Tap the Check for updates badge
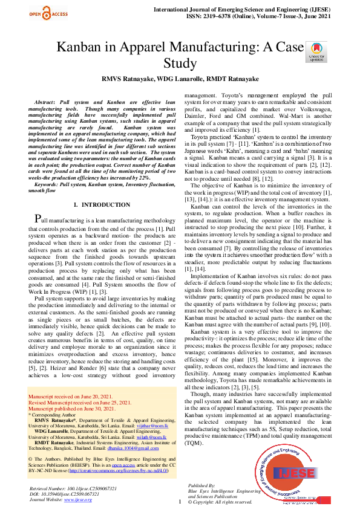[316, 52]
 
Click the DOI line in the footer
[64, 494]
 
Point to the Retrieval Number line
[69, 488]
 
